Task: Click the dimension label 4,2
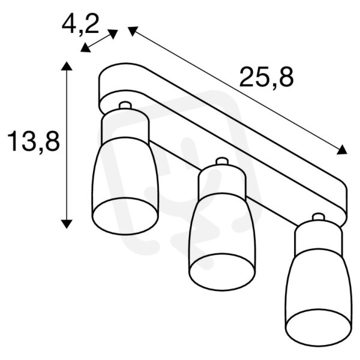(x=80, y=24)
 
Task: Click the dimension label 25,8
(x=266, y=77)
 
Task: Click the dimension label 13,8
(x=34, y=141)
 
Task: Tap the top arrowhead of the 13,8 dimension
(x=67, y=66)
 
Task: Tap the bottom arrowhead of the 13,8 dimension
(x=67, y=224)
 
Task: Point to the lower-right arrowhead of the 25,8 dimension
(x=342, y=149)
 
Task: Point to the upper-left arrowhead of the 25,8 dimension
(x=133, y=31)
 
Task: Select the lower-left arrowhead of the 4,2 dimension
(x=85, y=48)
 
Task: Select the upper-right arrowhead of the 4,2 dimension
(x=113, y=34)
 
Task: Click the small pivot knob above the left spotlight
(x=125, y=105)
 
